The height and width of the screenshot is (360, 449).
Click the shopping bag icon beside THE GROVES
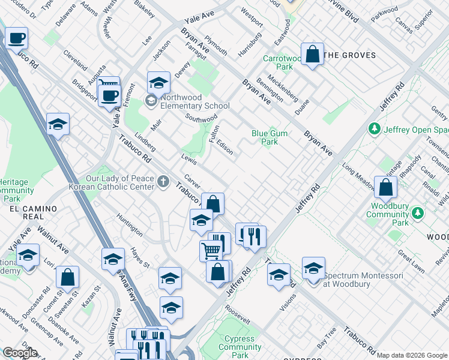point(313,55)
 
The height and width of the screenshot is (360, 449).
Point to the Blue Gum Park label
point(269,138)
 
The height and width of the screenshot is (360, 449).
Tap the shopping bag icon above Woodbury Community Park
point(385,188)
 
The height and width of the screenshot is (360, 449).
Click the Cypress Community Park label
point(240,347)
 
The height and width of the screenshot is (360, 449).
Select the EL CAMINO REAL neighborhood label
point(33,212)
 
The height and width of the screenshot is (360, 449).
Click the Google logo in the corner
point(20,353)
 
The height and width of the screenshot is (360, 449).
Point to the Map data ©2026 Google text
point(412,355)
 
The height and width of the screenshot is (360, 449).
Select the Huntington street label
point(130,224)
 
